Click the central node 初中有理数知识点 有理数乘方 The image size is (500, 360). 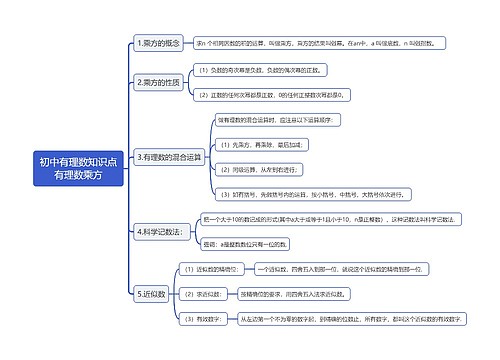tap(77, 167)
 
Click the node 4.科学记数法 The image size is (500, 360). tap(158, 231)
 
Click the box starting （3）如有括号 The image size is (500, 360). tap(296, 194)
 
